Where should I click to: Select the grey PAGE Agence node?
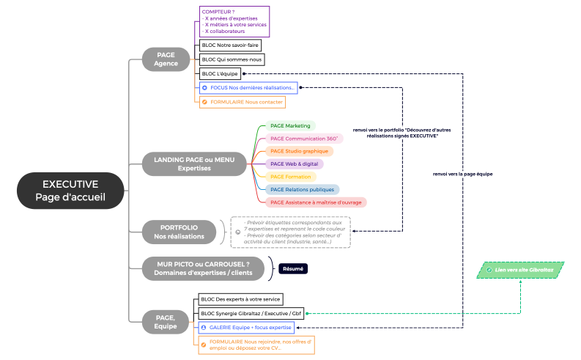[x=166, y=59]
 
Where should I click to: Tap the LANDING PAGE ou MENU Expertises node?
[x=193, y=164]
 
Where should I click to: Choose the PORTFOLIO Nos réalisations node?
[x=180, y=232]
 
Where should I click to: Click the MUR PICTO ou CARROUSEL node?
[x=204, y=269]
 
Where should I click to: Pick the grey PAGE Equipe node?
[x=166, y=321]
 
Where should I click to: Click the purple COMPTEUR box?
[x=234, y=21]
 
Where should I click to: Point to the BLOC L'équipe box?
[x=220, y=73]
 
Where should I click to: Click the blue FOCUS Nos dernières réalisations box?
[x=248, y=88]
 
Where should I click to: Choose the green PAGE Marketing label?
[x=289, y=125]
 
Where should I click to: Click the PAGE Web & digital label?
[x=294, y=164]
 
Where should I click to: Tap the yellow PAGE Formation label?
[x=290, y=177]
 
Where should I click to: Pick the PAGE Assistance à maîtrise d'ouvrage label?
[x=315, y=202]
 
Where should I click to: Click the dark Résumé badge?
[x=292, y=269]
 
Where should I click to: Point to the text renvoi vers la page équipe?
[x=462, y=174]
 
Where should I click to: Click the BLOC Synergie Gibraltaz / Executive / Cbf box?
[x=249, y=313]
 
